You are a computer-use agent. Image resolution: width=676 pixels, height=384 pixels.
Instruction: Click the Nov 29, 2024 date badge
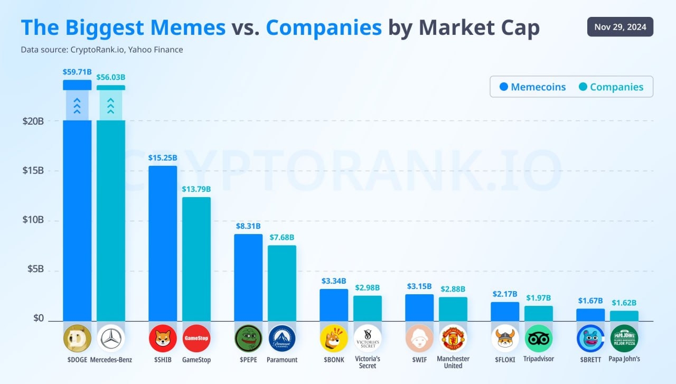(x=620, y=27)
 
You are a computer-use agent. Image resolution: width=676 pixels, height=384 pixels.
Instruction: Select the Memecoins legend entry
(x=532, y=87)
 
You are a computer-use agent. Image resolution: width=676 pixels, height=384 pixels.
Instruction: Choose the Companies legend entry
(x=611, y=87)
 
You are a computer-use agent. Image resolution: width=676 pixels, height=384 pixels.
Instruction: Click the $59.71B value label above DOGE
(x=77, y=71)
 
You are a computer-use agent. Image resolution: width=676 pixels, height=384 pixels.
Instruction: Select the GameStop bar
(x=196, y=259)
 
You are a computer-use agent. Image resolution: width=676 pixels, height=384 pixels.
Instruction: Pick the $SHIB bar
(x=163, y=243)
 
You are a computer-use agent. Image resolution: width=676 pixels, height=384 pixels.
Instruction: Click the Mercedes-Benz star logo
(x=111, y=339)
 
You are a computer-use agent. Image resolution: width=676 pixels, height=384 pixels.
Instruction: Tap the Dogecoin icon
(x=77, y=339)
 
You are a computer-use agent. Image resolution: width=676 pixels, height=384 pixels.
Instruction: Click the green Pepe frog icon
(x=248, y=339)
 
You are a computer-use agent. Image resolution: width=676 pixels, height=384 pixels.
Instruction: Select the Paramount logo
(x=282, y=339)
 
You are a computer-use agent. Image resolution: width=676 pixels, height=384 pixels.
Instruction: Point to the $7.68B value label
(x=282, y=237)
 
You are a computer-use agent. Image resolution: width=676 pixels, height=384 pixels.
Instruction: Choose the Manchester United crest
(x=453, y=339)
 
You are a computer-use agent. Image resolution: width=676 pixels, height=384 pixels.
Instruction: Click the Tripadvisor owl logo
(x=539, y=339)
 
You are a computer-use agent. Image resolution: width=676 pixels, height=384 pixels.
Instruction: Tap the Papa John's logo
(x=624, y=339)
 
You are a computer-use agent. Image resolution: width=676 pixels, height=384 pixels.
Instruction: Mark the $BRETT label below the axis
(x=590, y=360)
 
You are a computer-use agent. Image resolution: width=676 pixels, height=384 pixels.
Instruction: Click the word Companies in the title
(x=324, y=27)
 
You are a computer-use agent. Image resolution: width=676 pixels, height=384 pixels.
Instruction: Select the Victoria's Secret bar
(x=368, y=308)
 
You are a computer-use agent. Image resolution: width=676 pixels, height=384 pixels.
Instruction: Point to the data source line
(x=102, y=50)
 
